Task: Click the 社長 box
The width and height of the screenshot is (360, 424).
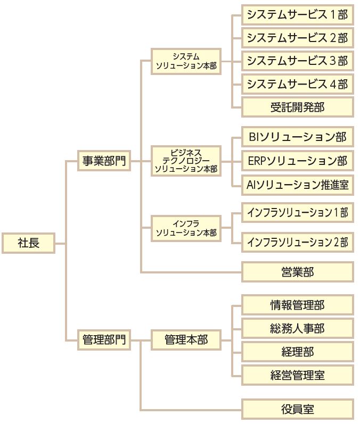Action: point(28,244)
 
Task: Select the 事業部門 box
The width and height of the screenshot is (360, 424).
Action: point(104,160)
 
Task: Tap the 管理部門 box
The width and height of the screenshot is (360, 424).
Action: point(104,339)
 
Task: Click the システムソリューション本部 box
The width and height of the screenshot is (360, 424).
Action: point(186,61)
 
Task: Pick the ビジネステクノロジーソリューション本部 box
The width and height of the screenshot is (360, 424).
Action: point(186,160)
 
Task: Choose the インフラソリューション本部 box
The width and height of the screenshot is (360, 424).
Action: point(186,228)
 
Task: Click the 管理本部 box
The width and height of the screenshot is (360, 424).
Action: point(186,339)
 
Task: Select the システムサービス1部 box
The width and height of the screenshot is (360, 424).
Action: point(297,15)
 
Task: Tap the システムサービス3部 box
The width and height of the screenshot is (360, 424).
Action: point(297,61)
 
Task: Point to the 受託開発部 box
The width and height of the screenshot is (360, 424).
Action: point(297,107)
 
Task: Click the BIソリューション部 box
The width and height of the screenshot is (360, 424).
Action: point(297,137)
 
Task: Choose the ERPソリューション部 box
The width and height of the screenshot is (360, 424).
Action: point(297,160)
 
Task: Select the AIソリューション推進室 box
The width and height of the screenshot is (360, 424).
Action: point(297,184)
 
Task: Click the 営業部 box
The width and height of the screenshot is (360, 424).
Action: point(297,272)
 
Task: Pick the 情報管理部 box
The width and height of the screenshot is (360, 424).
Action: point(297,305)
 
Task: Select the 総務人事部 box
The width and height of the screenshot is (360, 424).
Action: point(297,328)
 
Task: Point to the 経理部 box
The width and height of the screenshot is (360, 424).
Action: point(297,352)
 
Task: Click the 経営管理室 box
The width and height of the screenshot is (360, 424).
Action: point(297,375)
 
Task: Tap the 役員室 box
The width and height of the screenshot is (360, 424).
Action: point(297,409)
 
